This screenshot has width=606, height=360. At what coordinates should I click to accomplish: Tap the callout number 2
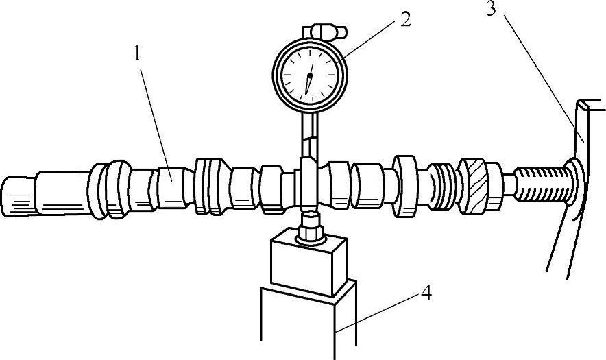pos(406,19)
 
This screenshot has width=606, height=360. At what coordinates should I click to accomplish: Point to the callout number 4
pos(425,293)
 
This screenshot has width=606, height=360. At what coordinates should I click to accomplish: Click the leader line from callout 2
pos(370,38)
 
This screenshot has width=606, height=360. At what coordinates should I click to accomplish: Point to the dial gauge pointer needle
pos(308,80)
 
